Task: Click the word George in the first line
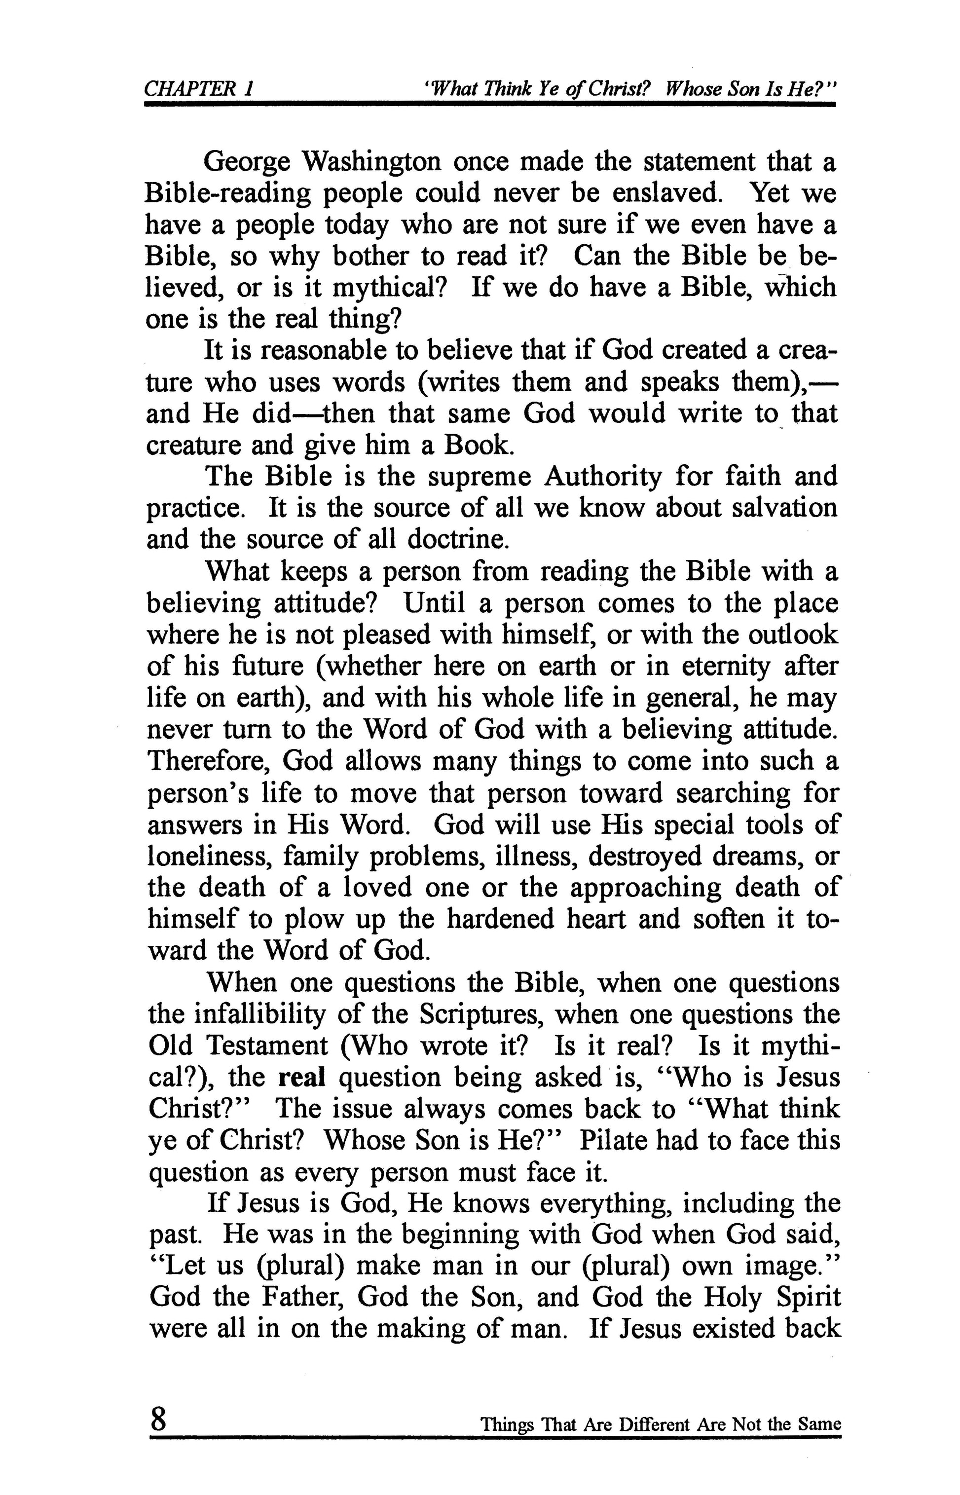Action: (x=248, y=162)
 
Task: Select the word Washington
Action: (x=372, y=162)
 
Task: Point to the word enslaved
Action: (x=665, y=193)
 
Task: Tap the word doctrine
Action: (x=458, y=539)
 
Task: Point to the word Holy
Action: (x=730, y=1299)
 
